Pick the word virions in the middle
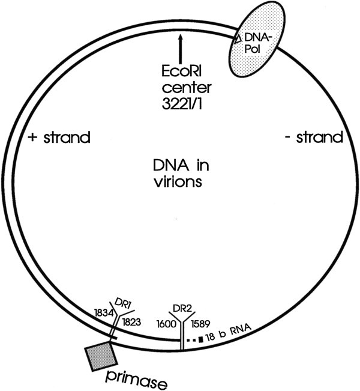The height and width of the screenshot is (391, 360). tap(179, 179)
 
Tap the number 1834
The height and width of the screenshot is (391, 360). tap(104, 313)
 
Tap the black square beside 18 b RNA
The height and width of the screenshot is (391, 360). tap(210, 339)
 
